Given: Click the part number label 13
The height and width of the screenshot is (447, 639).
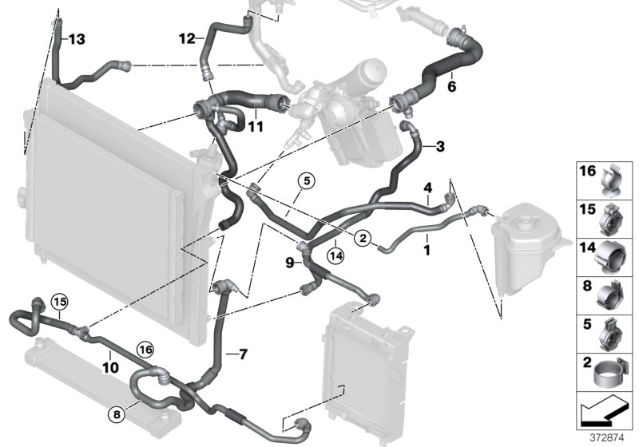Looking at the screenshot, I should click(76, 39).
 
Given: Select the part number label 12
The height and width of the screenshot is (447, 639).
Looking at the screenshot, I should click(186, 38).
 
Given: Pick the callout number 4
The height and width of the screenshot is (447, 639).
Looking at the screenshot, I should click(428, 188).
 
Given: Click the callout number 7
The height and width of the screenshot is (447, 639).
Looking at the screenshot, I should click(243, 351).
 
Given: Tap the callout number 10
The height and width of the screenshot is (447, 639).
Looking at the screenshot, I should click(110, 367).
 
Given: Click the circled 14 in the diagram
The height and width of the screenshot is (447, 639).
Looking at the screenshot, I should click(335, 255).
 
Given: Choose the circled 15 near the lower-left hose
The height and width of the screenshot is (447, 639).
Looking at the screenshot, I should click(59, 302).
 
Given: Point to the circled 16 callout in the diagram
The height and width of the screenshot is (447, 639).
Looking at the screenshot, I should click(145, 348).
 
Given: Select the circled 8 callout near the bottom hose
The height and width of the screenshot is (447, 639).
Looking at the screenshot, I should click(118, 414).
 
